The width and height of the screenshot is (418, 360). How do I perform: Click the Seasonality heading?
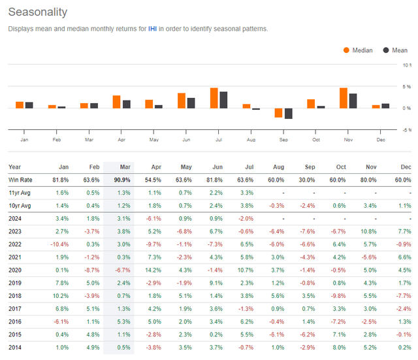coord(37,12)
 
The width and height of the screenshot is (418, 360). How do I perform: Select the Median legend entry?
coord(361,50)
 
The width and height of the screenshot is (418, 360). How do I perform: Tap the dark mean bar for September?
coord(288,114)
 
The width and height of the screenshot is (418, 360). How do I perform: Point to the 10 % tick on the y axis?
coord(406,65)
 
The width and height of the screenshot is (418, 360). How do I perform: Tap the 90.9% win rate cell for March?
coord(121,180)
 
